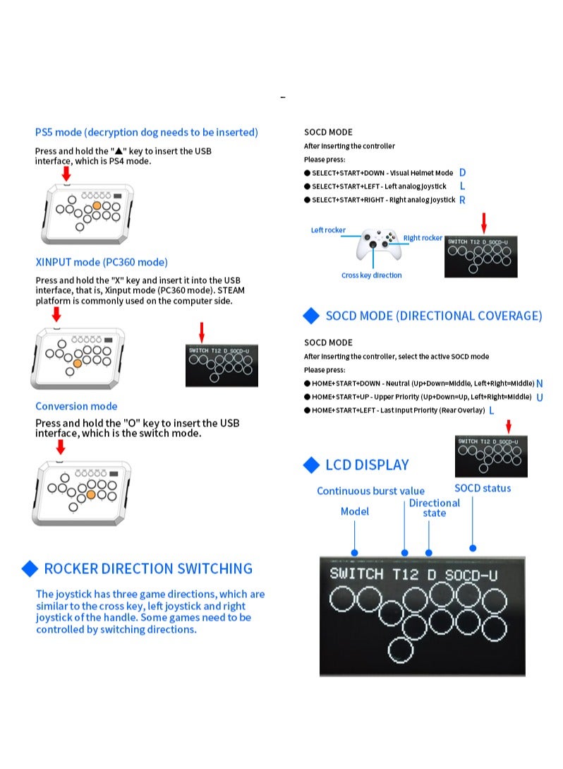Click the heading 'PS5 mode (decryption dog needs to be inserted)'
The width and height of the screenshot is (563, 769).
(147, 132)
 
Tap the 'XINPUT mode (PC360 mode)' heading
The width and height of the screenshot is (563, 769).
(102, 262)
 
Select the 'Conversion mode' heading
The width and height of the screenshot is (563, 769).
(76, 406)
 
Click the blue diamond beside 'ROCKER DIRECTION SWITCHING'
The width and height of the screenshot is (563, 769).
(30, 568)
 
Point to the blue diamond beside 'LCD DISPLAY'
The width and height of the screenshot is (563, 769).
(311, 465)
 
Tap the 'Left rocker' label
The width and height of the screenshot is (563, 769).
(328, 230)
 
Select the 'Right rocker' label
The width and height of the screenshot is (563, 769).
(423, 238)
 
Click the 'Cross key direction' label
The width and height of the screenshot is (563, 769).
(371, 275)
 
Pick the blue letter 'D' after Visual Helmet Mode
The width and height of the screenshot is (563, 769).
(462, 172)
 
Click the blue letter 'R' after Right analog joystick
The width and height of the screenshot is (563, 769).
(462, 200)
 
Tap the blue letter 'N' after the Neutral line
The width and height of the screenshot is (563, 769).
(540, 383)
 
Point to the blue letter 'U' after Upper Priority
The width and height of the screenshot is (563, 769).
(540, 397)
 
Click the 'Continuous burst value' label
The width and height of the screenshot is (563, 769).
(370, 491)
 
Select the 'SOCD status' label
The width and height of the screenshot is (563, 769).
(483, 488)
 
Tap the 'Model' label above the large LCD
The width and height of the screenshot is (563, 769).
(354, 511)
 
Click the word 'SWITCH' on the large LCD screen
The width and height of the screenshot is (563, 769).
(356, 574)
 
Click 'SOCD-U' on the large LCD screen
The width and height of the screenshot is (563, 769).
(471, 575)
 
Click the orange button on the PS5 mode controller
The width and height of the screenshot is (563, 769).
(97, 205)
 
